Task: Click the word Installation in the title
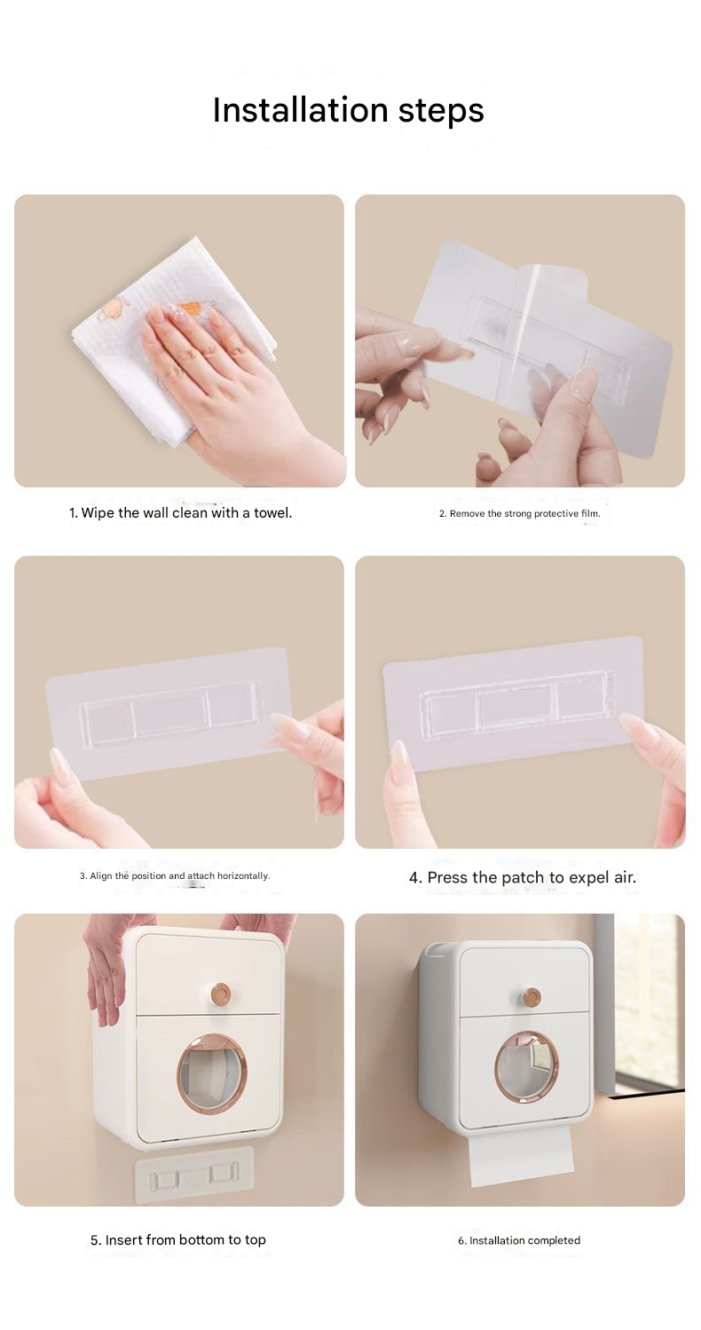tap(300, 110)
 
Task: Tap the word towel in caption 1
tap(272, 512)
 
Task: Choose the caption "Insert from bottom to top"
tap(178, 1239)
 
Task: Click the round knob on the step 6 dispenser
tap(532, 996)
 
